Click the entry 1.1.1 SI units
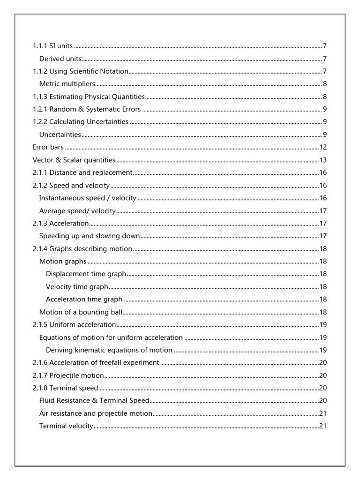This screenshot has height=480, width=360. pos(52,46)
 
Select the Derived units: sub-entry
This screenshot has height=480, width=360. pos(61,59)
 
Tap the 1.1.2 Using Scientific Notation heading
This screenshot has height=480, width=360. pos(80,71)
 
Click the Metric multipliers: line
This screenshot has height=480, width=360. pos(68,84)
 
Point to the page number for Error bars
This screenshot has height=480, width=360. pos(322,147)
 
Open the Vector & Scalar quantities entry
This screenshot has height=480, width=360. pos(74,160)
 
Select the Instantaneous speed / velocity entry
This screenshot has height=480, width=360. pos(88,198)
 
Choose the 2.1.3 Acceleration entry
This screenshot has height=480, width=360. pos(61,223)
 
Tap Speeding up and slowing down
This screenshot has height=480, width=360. pos(90,236)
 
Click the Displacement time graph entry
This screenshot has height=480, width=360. pos(86,274)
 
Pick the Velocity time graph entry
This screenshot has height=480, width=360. pos(77,286)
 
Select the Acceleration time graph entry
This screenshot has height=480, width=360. pos(84,299)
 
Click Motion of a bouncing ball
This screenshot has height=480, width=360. pos(81,312)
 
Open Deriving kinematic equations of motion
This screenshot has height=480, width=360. pos(109,350)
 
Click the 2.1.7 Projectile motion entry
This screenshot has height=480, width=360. pos(68,375)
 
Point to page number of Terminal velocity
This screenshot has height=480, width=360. pos(322,426)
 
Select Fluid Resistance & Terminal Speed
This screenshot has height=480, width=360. pos(94,400)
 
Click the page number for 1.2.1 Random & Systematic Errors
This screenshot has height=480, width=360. pos(324,109)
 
